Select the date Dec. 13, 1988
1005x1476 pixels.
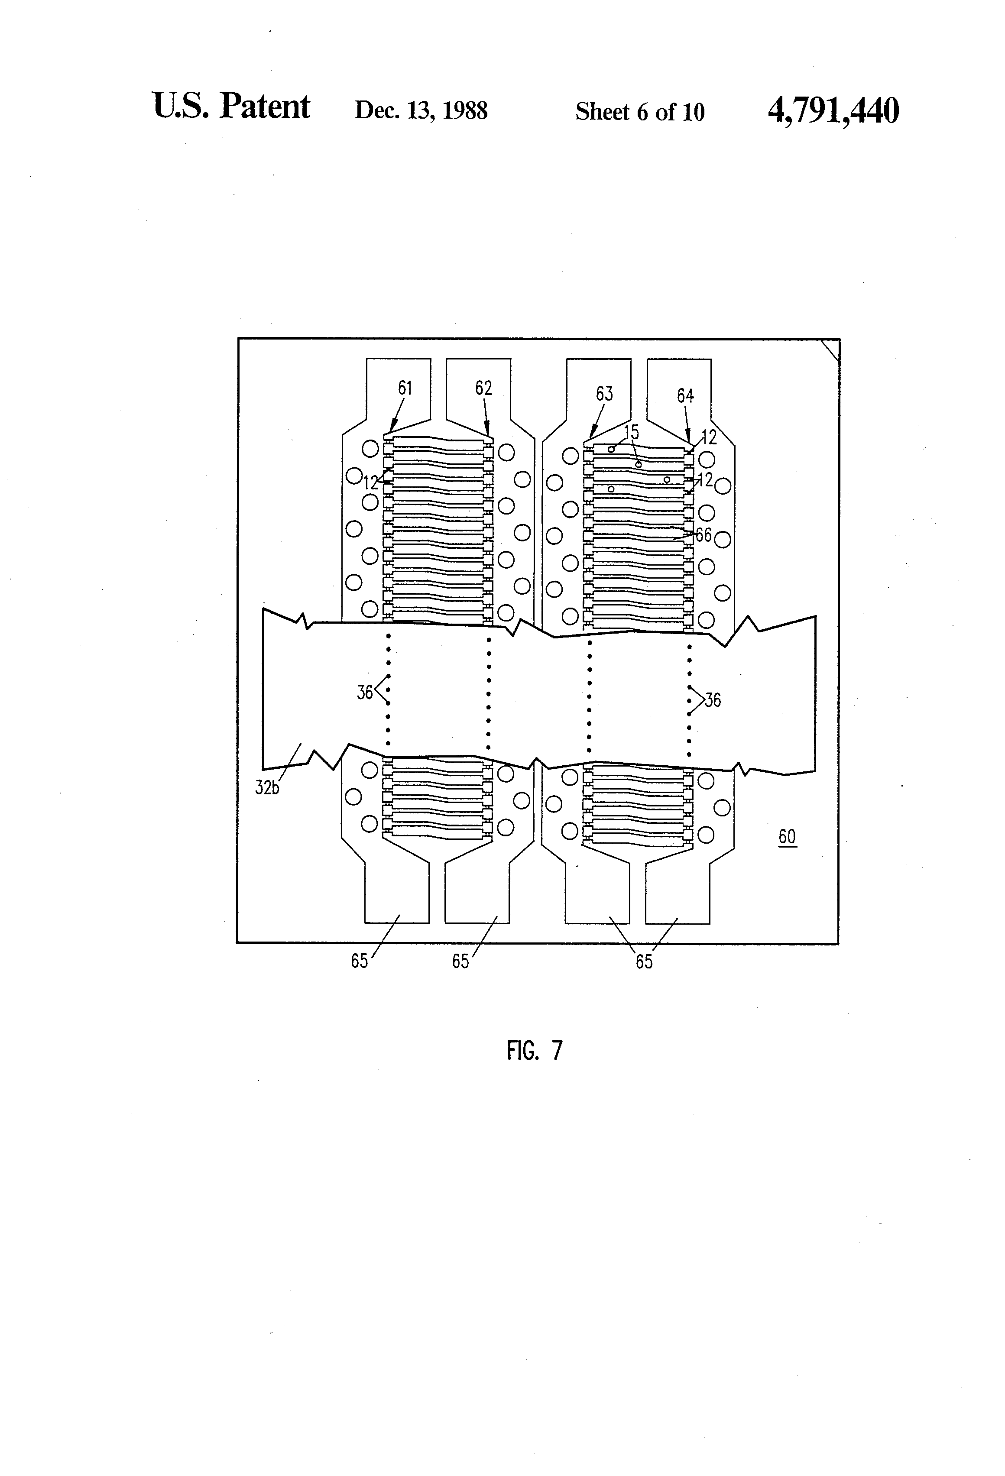tap(421, 110)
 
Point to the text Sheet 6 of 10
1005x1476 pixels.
tap(640, 112)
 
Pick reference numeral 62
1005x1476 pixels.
tap(483, 388)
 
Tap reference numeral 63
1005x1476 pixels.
tap(604, 394)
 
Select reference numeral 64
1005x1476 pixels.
tap(685, 396)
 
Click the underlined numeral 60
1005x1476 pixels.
tap(787, 837)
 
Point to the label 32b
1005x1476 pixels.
tap(267, 788)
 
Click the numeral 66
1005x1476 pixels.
tap(703, 535)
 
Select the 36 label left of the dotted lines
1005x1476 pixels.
tap(365, 692)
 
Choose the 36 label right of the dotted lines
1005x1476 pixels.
tap(713, 700)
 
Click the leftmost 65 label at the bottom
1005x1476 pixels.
tap(360, 961)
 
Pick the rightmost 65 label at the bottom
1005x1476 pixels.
tap(644, 961)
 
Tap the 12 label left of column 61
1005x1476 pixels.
tap(370, 482)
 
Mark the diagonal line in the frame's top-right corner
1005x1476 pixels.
tap(830, 350)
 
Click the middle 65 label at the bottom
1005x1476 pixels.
tap(460, 961)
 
